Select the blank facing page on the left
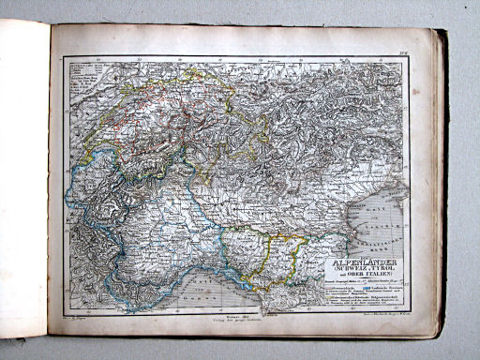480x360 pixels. pyautogui.click(x=23, y=178)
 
